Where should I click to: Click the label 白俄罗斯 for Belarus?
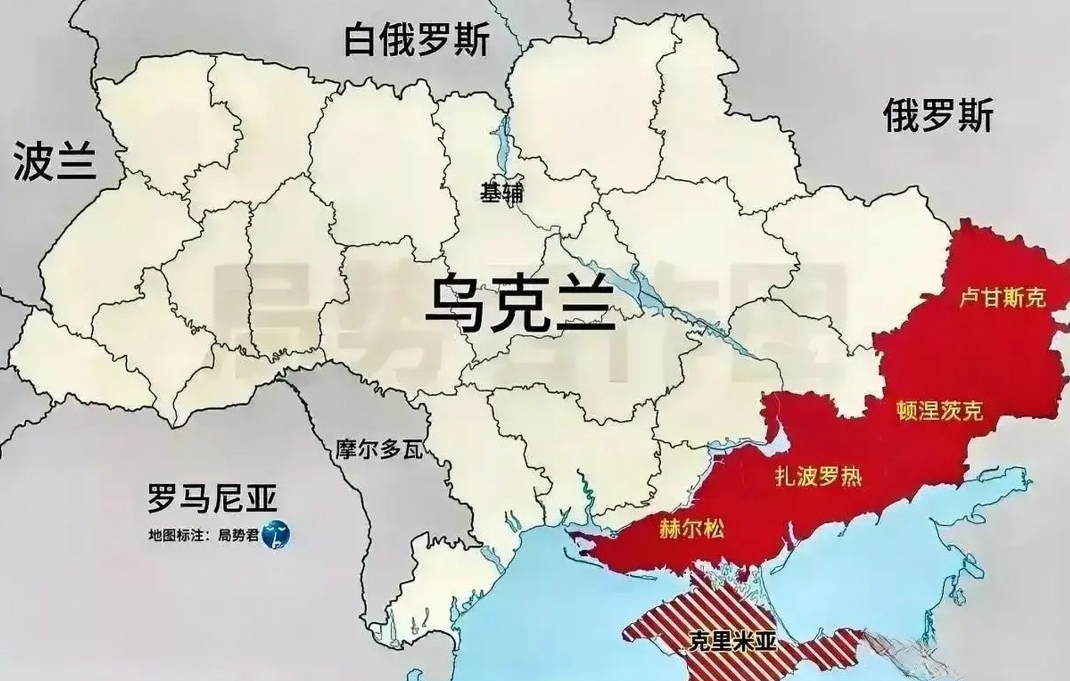click(418, 43)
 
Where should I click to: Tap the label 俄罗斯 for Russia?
click(938, 117)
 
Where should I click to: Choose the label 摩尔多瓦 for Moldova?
click(379, 449)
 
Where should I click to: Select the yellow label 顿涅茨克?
click(940, 410)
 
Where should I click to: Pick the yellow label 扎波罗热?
click(819, 476)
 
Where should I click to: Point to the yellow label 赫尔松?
click(692, 529)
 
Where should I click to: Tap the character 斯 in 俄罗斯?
click(975, 117)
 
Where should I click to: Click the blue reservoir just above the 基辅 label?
click(502, 140)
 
